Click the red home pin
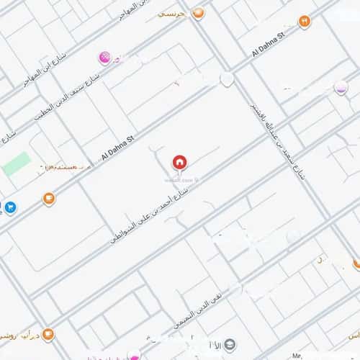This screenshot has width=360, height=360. click(179, 162)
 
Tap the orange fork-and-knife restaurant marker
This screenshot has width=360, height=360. click(304, 22)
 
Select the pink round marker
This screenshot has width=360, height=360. click(104, 56)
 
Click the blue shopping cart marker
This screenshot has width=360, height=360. click(10, 207)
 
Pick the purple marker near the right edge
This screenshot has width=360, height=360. click(341, 87)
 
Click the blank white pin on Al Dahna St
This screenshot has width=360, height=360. click(227, 78)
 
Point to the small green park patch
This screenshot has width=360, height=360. click(16, 163)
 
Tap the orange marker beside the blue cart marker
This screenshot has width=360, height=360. click(48, 198)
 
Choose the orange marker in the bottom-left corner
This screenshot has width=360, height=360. click(48, 334)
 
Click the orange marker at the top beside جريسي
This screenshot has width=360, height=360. click(199, 12)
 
